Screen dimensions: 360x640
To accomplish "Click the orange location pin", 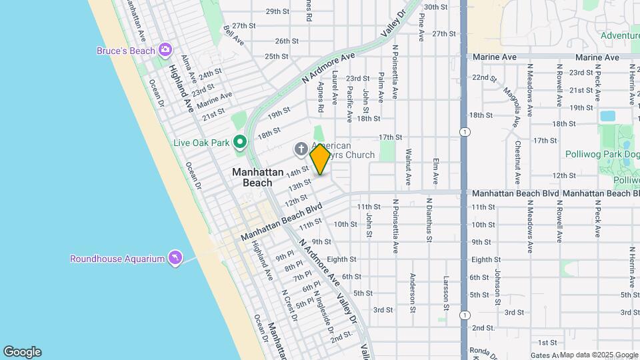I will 320,159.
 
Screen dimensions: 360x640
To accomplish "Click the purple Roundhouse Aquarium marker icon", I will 175,258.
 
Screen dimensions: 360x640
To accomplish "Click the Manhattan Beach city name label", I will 252,177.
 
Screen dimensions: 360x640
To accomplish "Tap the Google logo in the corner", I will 22,352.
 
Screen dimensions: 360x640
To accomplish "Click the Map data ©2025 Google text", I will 599,355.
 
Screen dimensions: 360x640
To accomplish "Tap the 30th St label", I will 435,7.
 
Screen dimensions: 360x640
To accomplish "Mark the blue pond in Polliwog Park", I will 607,115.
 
